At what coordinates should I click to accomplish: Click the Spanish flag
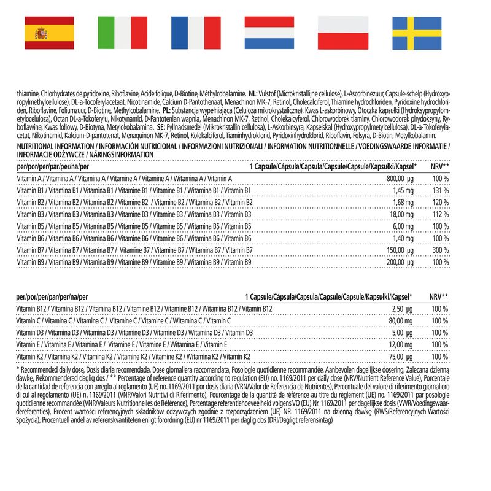(49, 33)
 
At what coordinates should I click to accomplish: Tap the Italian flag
(123, 33)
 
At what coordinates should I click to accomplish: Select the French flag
(196, 33)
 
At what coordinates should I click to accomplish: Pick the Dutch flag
(269, 33)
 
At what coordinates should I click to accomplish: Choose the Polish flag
(343, 33)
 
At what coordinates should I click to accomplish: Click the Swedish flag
(417, 33)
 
